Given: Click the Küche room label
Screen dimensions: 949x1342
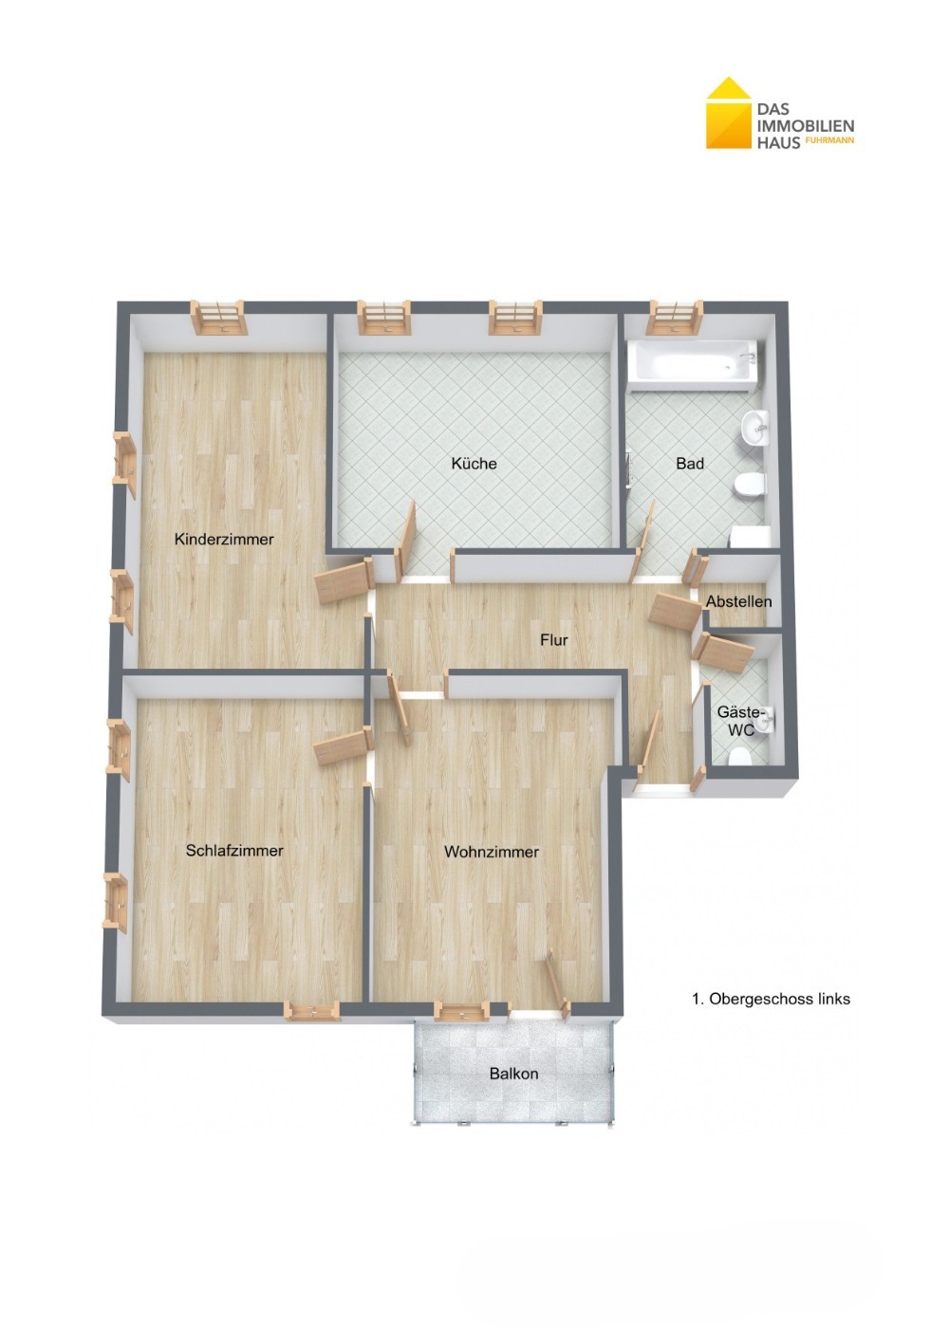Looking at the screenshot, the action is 474,463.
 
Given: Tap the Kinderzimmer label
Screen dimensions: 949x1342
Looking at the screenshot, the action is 224,540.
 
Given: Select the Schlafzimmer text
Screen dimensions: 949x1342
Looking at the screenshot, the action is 234,850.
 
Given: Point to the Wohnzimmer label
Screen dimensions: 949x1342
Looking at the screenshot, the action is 492,852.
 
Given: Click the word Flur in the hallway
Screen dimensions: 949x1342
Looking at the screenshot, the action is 554,640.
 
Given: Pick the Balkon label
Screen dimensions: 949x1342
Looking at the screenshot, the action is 513,1073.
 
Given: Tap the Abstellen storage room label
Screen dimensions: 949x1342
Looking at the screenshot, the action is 738,601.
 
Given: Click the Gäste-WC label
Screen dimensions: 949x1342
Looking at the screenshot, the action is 741,722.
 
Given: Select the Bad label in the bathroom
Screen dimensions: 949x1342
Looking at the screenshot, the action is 690,463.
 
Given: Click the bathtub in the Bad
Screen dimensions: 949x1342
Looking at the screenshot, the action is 692,365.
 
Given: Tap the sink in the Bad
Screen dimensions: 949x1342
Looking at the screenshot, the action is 754,429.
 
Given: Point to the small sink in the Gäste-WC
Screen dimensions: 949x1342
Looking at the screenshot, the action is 766,722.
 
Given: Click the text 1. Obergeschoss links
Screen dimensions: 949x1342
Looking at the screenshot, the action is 771,999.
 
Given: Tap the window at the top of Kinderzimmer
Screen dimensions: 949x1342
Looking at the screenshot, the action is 219,317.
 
